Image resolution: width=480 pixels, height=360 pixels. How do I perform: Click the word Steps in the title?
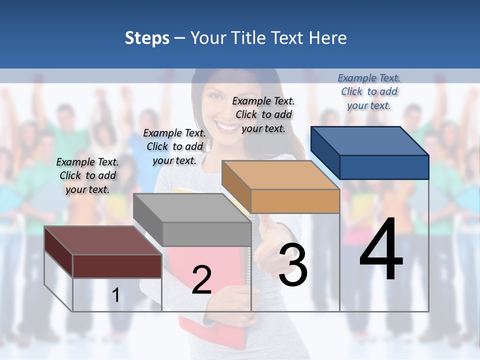click(x=147, y=38)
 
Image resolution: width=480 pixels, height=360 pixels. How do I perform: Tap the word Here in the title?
click(x=328, y=38)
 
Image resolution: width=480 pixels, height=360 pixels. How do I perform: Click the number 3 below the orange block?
click(x=292, y=265)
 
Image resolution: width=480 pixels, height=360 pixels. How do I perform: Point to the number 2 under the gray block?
click(x=201, y=279)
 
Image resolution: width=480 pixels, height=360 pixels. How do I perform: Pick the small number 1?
click(x=115, y=295)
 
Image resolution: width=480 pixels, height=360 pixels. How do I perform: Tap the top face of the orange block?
click(x=280, y=175)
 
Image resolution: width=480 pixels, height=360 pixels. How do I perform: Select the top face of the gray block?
click(x=192, y=208)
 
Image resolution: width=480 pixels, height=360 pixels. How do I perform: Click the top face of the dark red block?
click(x=103, y=240)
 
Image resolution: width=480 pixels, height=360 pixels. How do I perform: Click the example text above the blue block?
click(x=369, y=91)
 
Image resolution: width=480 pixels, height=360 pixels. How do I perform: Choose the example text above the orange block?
click(x=263, y=114)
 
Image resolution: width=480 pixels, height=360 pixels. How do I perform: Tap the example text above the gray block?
click(x=174, y=146)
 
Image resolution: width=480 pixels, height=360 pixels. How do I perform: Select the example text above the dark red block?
click(x=87, y=175)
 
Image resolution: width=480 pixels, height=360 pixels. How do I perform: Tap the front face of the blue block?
click(x=384, y=167)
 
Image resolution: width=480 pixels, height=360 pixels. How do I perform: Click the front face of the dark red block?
click(x=117, y=266)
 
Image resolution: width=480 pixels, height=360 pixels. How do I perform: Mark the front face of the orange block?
click(x=295, y=201)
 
